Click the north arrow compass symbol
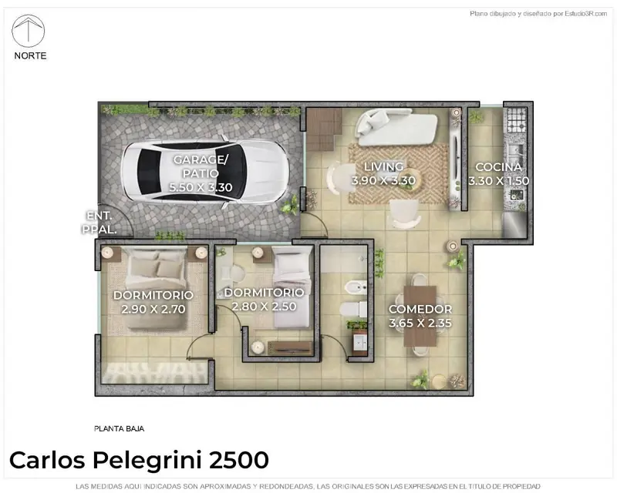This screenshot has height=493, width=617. (x=29, y=31)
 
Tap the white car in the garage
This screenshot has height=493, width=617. (x=205, y=172)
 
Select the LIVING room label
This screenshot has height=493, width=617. (x=383, y=166)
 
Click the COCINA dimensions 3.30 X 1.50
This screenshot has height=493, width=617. (x=498, y=181)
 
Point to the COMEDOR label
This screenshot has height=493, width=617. (x=420, y=309)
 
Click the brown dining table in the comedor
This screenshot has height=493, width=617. (x=420, y=316)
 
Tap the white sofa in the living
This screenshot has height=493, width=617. (x=396, y=126)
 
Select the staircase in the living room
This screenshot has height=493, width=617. (x=324, y=129)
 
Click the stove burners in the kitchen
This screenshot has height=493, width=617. (x=516, y=119)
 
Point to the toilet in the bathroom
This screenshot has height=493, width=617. (x=353, y=310)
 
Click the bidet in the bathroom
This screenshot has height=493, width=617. (x=356, y=288)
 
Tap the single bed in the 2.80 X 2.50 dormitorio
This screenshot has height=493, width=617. (x=292, y=288)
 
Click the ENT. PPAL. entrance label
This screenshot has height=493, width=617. (x=99, y=223)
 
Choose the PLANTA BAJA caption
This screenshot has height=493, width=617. (x=120, y=429)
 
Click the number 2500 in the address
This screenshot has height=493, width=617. (x=239, y=460)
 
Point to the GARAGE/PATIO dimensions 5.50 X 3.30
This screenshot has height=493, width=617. (x=201, y=187)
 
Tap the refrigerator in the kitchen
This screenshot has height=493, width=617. (x=514, y=225)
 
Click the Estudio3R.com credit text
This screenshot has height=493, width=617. (x=586, y=14)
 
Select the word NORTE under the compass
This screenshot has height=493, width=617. (x=30, y=55)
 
